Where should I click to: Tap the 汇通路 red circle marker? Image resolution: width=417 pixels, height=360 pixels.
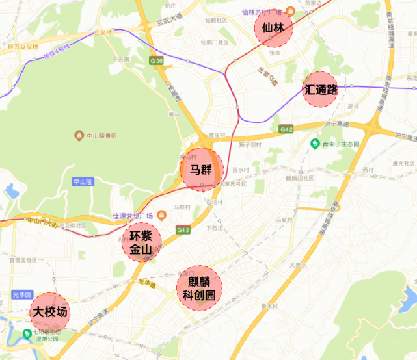(321, 90)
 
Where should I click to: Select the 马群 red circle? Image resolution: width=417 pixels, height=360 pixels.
(201, 170)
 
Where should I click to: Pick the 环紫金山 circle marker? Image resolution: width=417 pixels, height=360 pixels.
(141, 242)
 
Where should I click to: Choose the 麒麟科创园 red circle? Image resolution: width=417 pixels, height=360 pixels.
(199, 288)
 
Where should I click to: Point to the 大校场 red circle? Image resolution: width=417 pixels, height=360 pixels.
(49, 313)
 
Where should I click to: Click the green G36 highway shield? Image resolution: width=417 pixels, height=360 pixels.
(156, 61)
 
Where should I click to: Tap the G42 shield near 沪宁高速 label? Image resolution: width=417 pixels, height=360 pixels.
(286, 129)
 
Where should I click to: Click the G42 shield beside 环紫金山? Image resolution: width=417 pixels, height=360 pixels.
(183, 230)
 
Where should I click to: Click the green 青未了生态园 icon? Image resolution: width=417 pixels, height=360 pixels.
(315, 144)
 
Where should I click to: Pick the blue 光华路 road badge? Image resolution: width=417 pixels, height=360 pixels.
(22, 294)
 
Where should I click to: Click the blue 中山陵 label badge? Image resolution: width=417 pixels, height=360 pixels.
(83, 182)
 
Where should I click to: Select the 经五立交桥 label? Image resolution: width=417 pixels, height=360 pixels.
(23, 47)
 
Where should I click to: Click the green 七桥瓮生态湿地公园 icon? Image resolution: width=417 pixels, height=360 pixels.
(27, 334)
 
